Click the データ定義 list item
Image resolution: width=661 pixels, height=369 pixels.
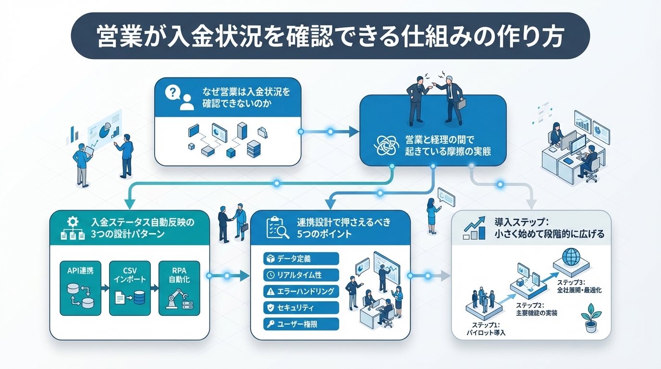302,259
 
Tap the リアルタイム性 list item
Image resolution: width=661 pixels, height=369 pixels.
302,275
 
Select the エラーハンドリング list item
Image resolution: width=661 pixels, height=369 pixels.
302,291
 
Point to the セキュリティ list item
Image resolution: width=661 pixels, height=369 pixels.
302,307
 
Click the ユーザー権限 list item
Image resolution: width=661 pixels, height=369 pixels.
302,324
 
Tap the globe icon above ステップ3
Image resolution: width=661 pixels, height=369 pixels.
572,257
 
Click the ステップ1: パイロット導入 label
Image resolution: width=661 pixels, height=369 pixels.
486,329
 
